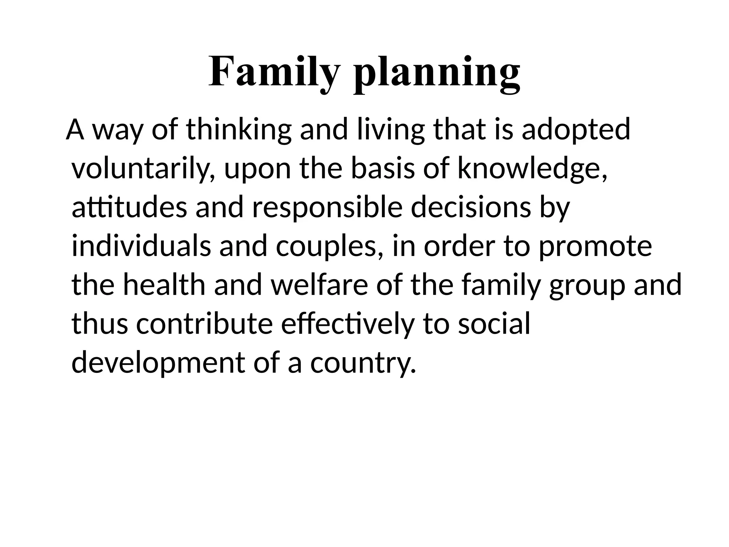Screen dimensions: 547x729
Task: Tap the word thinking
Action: tap(238, 130)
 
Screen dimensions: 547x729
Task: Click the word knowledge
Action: tap(532, 169)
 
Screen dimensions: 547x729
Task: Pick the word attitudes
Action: tap(129, 208)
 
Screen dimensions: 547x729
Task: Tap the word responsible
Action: tap(327, 208)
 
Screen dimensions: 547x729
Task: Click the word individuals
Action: tap(141, 246)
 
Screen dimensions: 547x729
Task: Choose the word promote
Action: tap(595, 246)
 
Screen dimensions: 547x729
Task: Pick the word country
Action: tap(363, 363)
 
